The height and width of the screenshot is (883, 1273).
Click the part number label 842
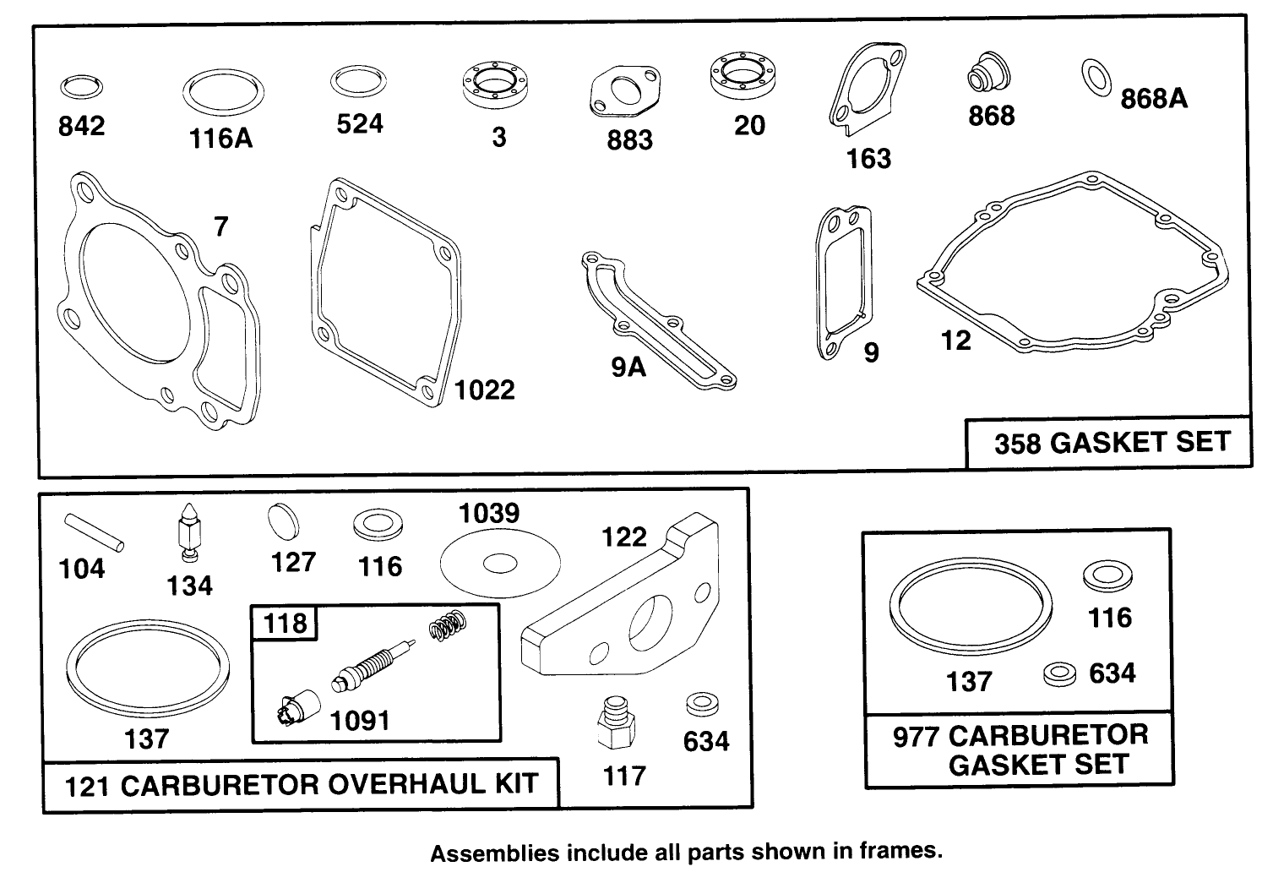coord(81,126)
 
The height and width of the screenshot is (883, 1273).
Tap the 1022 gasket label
coord(485,390)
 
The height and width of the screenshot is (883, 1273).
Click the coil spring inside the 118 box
coord(448,625)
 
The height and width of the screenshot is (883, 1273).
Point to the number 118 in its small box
coord(286,623)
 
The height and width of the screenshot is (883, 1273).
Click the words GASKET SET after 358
coord(1140,443)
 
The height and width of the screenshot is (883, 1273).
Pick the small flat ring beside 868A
coord(1096,78)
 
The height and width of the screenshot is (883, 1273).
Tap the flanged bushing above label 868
coord(989,73)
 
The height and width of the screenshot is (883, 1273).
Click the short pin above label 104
coord(94,532)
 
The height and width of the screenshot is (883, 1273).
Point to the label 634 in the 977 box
coord(1113,673)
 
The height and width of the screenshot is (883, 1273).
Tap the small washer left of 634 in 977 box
coord(1060,674)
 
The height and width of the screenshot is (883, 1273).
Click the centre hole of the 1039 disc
coord(500,564)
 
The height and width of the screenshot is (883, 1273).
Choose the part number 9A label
coord(628,368)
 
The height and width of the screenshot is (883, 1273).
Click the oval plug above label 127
coord(283,521)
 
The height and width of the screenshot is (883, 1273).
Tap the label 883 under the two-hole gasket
coord(629,140)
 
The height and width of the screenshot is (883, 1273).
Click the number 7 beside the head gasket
coord(221,226)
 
